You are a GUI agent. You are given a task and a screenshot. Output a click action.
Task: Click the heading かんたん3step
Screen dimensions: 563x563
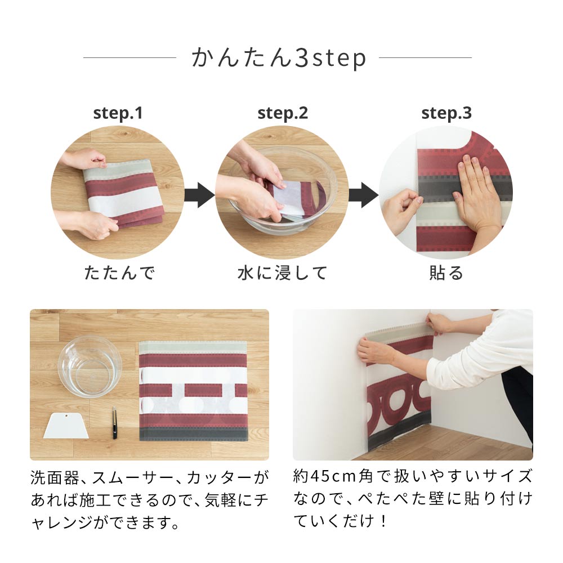[x=278, y=59]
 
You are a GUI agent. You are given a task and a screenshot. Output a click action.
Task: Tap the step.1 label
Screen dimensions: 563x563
[x=118, y=113]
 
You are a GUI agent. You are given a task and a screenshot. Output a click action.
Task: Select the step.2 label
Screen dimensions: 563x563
[x=283, y=113]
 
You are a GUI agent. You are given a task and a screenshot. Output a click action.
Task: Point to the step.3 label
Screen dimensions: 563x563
[x=446, y=113]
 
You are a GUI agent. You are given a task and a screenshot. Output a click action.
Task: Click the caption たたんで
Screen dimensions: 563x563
[x=119, y=274]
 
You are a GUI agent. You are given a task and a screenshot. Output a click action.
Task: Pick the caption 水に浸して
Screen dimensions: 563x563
[x=282, y=274]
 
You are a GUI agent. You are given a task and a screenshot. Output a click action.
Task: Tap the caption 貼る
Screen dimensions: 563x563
[x=446, y=274]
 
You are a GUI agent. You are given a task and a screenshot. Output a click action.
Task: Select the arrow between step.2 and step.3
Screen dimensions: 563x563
[x=364, y=195]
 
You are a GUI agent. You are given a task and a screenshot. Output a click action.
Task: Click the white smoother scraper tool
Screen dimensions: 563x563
[x=67, y=425]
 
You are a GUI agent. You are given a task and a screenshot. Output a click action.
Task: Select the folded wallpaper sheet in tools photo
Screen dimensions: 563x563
[x=193, y=391]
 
